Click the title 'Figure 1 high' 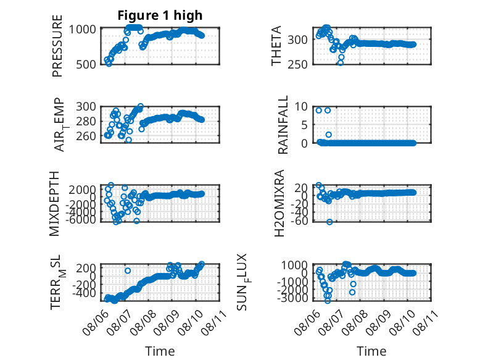[160, 15]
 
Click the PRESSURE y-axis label [57, 46]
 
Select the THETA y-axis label [276, 46]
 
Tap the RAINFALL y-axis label [283, 125]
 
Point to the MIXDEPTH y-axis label [54, 203]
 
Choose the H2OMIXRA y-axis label [279, 203]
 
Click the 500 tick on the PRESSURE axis [85, 65]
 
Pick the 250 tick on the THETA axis [297, 64]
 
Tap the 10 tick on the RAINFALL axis [301, 107]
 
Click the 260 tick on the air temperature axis [86, 136]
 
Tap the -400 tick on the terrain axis [84, 293]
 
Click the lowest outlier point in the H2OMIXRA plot [329, 222]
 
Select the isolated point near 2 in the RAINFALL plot [328, 135]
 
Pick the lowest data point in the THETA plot [341, 63]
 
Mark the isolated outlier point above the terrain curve [128, 271]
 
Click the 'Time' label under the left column [160, 351]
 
